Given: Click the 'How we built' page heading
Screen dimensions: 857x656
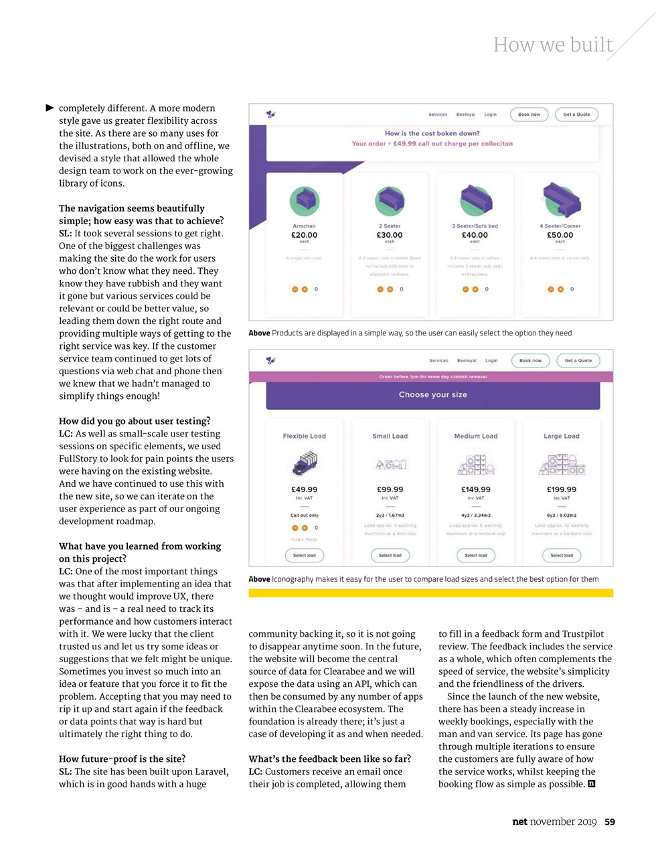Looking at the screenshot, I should [x=553, y=45].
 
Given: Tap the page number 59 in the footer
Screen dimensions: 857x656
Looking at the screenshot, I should [x=610, y=822].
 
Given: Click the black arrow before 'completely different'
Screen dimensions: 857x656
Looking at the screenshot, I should [x=50, y=108].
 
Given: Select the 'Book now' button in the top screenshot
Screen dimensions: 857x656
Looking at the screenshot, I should [x=529, y=114].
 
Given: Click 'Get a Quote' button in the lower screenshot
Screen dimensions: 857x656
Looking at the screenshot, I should [x=578, y=361].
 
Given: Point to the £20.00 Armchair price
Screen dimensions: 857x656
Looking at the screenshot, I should [x=304, y=235].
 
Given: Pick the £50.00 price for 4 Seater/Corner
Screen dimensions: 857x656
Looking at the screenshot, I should [x=560, y=235].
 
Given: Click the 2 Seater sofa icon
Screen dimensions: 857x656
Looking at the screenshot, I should [x=390, y=200].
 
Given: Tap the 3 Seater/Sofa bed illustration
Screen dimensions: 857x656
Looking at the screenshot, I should [x=475, y=200].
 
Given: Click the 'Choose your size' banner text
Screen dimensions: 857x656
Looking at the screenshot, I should [x=432, y=395].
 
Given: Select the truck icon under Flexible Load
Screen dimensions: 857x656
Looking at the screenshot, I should [x=304, y=463].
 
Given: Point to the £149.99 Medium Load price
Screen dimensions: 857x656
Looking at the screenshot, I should [x=475, y=489].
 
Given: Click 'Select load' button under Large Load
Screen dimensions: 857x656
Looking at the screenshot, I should [x=561, y=555].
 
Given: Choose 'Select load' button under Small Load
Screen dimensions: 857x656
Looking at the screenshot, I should [x=390, y=555].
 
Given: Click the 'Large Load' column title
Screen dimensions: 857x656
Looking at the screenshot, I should [x=561, y=436].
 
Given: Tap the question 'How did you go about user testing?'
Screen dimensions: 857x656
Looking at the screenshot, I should [x=135, y=421].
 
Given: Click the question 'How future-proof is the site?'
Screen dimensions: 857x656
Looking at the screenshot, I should [x=122, y=759].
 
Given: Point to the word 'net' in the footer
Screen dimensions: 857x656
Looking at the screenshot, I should [x=519, y=822].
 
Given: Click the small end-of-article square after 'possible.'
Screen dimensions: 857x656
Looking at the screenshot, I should [x=591, y=784].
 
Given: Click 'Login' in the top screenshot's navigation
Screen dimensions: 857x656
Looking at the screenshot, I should [x=491, y=114].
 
